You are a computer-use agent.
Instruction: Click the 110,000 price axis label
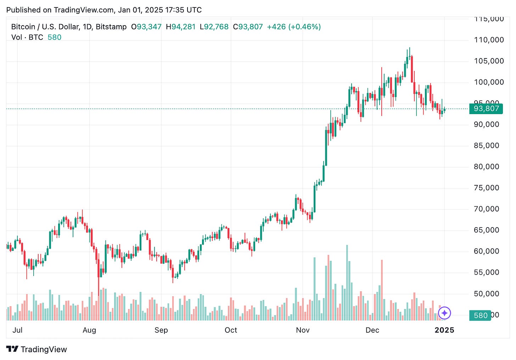[489, 40]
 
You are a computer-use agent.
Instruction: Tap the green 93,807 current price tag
[486, 108]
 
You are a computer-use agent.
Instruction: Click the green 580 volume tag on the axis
[480, 315]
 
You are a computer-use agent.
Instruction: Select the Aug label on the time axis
[89, 330]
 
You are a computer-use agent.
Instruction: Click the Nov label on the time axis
[303, 330]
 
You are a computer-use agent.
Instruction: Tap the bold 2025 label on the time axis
[444, 330]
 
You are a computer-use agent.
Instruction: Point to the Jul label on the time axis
[17, 330]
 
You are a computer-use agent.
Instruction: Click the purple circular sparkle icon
[444, 313]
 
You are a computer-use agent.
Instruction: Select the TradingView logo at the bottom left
[37, 349]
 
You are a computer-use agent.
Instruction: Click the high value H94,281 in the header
[181, 27]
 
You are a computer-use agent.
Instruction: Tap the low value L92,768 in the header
[214, 27]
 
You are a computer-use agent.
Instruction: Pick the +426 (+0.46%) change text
[293, 27]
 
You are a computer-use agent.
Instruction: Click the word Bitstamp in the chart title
[111, 27]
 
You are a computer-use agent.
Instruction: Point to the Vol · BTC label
[27, 38]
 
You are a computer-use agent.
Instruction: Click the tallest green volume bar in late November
[347, 283]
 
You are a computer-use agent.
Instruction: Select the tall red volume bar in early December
[382, 291]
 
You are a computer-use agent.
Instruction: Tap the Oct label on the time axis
[231, 330]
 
